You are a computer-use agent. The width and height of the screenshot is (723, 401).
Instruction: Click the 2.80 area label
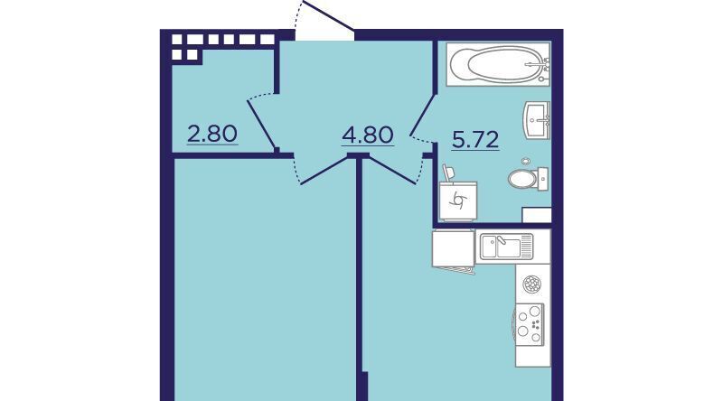[212, 135]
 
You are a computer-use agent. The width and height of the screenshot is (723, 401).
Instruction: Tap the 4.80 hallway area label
[368, 135]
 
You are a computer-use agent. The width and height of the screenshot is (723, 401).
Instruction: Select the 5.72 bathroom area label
[475, 141]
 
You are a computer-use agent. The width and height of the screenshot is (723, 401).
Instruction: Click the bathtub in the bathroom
[498, 64]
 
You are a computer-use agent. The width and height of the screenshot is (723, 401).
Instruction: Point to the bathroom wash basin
[536, 120]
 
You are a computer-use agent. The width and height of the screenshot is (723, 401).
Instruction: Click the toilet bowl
[523, 179]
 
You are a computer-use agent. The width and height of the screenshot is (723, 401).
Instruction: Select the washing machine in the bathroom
[458, 201]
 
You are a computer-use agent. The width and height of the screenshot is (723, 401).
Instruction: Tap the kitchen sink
[506, 247]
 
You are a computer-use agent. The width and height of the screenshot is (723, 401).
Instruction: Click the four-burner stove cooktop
[530, 324]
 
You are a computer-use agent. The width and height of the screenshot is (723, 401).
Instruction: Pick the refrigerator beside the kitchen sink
[454, 248]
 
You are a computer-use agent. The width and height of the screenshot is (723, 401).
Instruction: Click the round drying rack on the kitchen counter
[532, 284]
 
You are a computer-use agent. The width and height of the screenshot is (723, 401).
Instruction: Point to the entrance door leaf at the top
[329, 15]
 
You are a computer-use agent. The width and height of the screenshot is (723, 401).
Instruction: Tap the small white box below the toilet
[537, 215]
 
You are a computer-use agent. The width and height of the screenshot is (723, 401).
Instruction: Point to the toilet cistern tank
[543, 179]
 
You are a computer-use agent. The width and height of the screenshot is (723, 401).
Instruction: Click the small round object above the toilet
[526, 162]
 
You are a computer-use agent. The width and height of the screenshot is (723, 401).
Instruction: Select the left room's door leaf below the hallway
[324, 171]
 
